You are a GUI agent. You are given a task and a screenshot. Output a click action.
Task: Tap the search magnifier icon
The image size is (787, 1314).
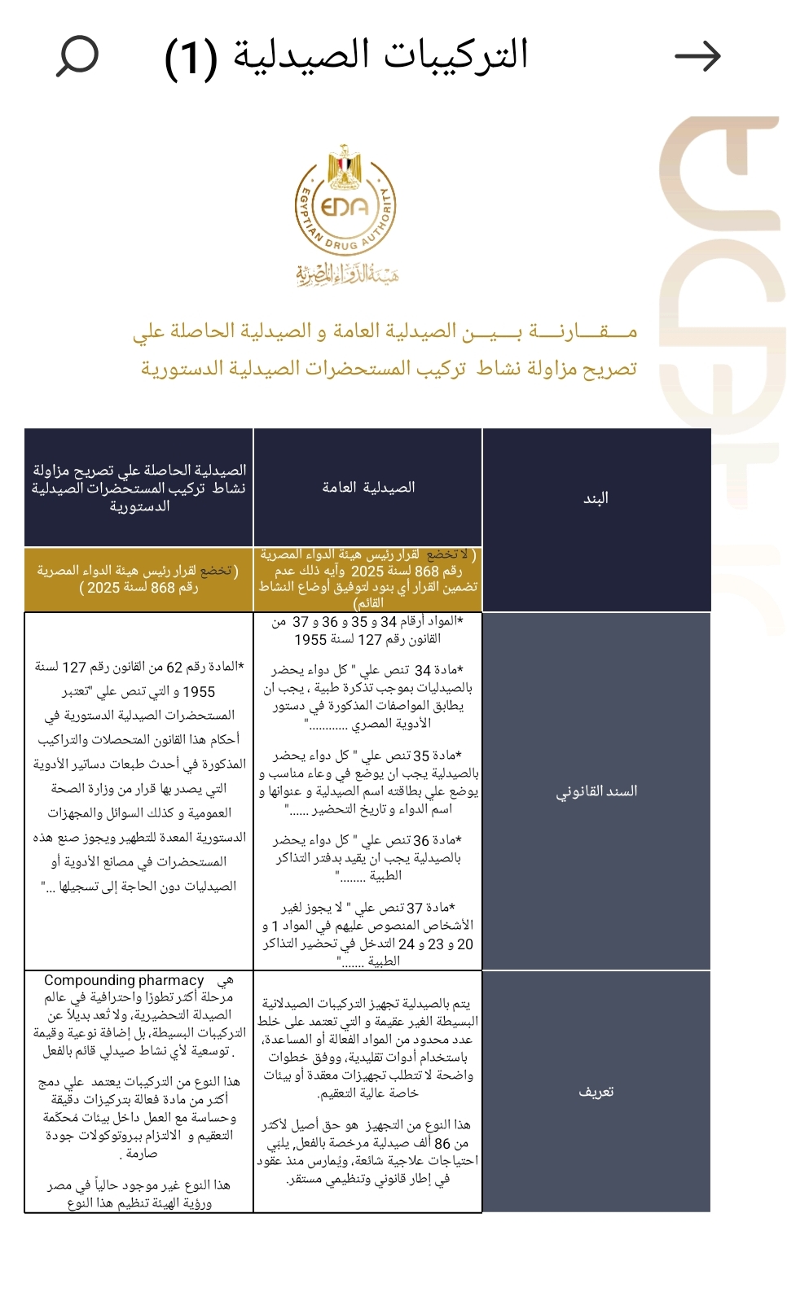point(77,56)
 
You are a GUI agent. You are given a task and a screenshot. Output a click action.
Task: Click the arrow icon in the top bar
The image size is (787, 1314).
point(697,56)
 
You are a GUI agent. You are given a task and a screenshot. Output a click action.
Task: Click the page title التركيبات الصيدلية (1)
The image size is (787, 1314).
point(347,56)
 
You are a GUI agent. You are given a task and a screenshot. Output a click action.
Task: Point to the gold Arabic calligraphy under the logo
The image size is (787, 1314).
point(347,274)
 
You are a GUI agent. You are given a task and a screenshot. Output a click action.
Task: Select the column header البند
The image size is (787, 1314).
point(596,498)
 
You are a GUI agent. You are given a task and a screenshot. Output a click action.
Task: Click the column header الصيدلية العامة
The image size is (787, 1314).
point(368,488)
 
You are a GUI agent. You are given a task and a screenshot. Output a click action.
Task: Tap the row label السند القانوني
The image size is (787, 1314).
point(596,791)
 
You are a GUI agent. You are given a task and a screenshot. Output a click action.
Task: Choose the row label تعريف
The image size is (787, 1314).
point(596,1092)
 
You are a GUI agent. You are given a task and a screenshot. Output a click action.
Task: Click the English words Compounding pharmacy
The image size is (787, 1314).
point(124,980)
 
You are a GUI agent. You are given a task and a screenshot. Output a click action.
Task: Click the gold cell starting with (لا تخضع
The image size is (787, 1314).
point(368,579)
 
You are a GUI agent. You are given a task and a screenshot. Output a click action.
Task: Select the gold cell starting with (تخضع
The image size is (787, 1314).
point(138,579)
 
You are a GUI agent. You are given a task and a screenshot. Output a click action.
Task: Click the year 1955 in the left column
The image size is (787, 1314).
point(199,691)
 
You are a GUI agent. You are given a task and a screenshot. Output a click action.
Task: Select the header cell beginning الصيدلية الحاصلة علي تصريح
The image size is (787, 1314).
point(138,488)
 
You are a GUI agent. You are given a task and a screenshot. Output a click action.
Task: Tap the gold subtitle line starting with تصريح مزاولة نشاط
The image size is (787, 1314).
point(389,369)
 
